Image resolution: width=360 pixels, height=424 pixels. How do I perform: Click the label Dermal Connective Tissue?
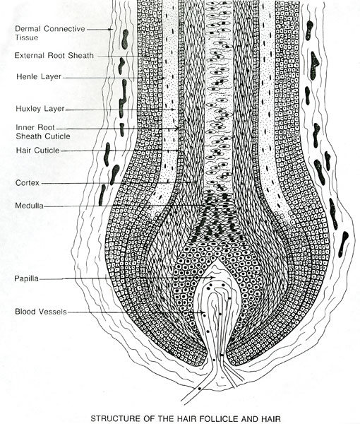coord(50,33)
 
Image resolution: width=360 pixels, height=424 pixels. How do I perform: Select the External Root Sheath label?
coord(54,55)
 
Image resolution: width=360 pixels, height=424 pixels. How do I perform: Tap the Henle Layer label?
coord(39,76)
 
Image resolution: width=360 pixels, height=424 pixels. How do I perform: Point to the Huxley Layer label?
coord(40,109)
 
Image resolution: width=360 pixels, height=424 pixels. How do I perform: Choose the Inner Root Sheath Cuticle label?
coord(43,131)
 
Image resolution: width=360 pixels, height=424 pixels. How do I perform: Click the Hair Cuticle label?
coord(37,151)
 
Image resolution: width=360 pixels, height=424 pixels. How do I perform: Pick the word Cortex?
coord(28,183)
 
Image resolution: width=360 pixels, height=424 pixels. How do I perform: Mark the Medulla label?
coord(29,206)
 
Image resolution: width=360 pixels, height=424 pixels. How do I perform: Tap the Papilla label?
coord(26,278)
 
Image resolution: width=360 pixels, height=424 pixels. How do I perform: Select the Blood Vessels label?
coord(40,312)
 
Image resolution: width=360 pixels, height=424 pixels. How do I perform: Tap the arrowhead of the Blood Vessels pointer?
coord(203,312)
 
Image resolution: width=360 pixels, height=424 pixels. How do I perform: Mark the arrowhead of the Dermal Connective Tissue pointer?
coord(111,29)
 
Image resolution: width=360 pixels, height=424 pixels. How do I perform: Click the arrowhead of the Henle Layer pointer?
coord(164,78)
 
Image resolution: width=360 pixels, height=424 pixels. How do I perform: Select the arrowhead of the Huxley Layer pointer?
coord(174,110)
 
